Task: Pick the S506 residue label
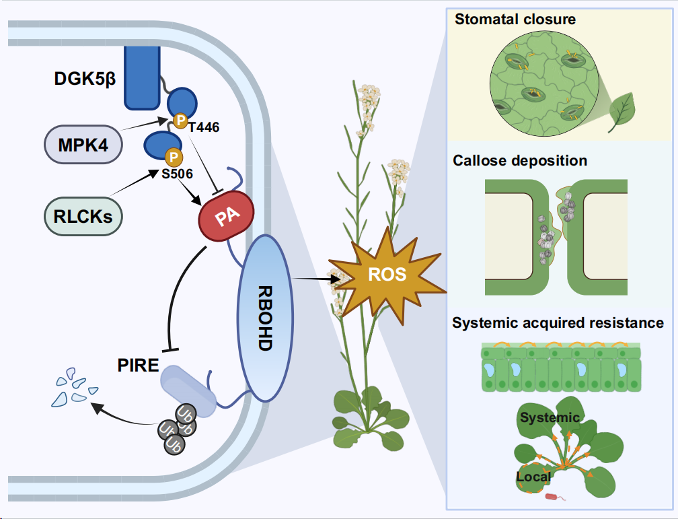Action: [177, 174]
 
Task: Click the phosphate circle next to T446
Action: [180, 120]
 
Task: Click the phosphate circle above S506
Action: [173, 157]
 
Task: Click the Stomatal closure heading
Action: [515, 19]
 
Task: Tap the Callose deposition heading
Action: [520, 161]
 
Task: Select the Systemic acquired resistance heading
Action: [558, 323]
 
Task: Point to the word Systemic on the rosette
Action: [550, 418]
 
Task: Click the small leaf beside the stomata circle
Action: [622, 110]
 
